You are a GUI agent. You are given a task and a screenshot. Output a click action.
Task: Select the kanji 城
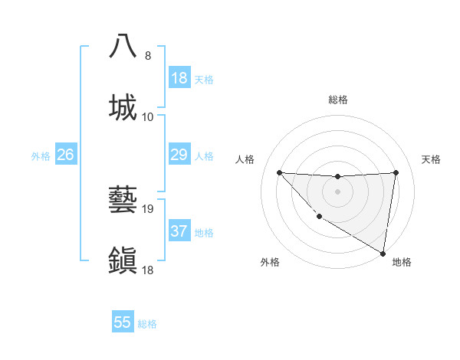coord(123,107)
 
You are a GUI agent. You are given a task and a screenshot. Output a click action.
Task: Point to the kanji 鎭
coord(123,260)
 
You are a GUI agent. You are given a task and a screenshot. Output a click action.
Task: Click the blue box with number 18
coord(179,78)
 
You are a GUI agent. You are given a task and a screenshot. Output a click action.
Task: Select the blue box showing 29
coord(179,155)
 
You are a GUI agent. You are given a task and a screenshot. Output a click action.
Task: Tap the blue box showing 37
coord(179,231)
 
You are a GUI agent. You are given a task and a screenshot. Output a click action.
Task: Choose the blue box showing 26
coord(65,155)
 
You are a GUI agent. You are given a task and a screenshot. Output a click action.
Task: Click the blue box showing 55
coord(123,322)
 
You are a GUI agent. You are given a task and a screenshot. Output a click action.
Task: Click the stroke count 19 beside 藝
coord(149,208)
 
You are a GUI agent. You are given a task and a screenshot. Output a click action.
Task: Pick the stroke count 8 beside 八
coord(148,55)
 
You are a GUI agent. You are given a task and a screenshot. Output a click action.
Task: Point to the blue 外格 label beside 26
coord(41,156)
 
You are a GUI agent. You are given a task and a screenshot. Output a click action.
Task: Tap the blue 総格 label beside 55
coord(147,324)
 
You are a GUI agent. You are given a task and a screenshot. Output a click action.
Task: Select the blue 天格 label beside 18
coord(204,80)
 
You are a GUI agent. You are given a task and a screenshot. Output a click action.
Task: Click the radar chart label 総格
coord(338,100)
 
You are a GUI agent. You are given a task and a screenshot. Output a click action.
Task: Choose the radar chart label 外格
coord(270,262)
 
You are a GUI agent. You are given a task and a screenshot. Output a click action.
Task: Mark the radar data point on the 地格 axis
coord(383,253)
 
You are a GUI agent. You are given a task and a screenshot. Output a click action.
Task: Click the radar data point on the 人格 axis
coord(279,172)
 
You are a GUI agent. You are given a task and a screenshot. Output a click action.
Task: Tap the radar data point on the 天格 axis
coord(396,172)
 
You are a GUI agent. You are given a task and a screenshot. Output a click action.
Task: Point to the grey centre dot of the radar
coord(337,191)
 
